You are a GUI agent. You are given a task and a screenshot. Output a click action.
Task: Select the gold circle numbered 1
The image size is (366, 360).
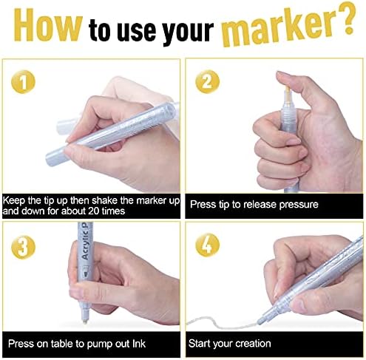[x=23, y=82]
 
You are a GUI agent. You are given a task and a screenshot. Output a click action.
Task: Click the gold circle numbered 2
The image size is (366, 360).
[x=207, y=82]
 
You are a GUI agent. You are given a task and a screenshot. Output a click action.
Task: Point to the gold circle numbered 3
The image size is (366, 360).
[x=23, y=247]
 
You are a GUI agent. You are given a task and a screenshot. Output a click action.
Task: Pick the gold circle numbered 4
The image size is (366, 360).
[x=207, y=245]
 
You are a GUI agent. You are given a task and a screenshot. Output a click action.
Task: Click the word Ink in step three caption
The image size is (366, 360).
[x=139, y=344]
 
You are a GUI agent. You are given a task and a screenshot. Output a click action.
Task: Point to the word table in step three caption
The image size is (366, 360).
[x=61, y=344]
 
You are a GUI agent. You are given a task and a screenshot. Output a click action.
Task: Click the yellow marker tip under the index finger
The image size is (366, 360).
[x=288, y=92]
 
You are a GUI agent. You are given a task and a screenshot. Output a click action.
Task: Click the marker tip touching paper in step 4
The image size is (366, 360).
[x=260, y=322]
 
